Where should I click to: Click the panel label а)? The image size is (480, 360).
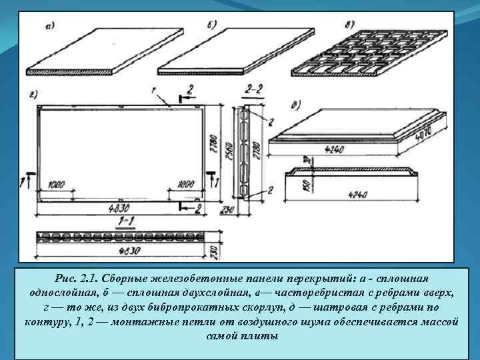click(x=49, y=27)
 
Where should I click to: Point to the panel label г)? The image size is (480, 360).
click(x=33, y=95)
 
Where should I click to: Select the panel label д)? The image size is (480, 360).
click(x=294, y=105)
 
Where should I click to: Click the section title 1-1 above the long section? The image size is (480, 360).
click(x=123, y=220)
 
